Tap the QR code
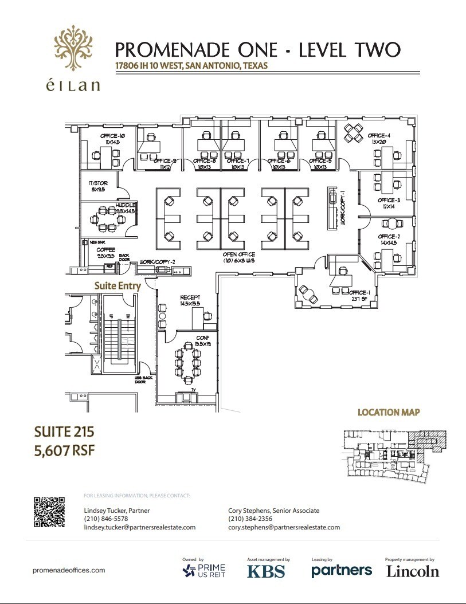click(49, 513)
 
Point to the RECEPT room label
click(190, 297)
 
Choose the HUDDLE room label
click(125, 205)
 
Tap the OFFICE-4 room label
click(379, 136)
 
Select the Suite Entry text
click(118, 285)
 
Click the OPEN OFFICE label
click(239, 254)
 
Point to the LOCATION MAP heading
click(389, 412)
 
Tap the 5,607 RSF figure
click(64, 450)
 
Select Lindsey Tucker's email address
click(140, 527)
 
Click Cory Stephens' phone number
click(250, 519)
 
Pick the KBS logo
click(266, 571)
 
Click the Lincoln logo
click(413, 571)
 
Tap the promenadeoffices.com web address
click(69, 570)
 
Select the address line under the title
click(191, 65)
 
